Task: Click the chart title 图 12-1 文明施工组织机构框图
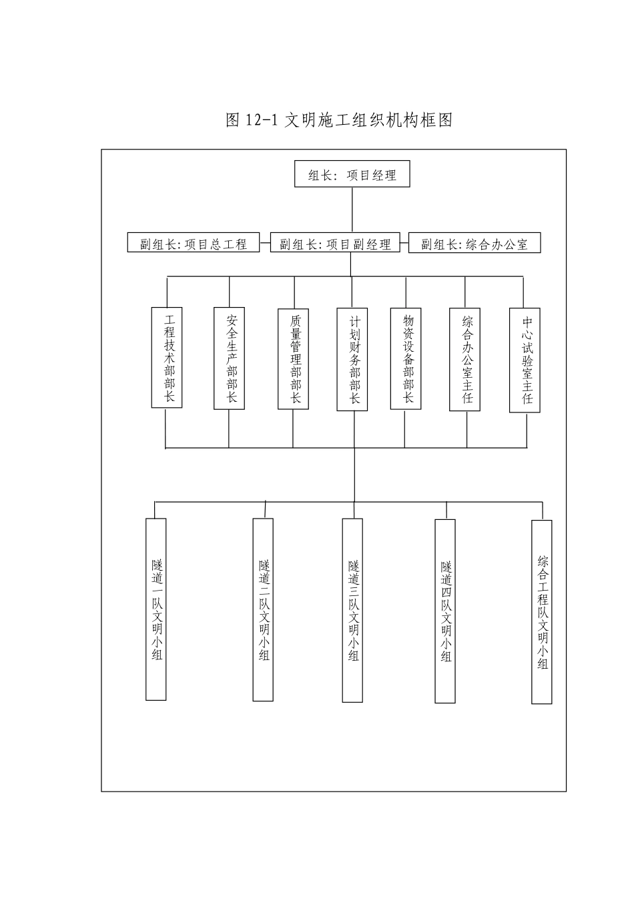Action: click(340, 120)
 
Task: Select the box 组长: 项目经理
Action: click(352, 176)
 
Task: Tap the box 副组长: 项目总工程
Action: click(194, 243)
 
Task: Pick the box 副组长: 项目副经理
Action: click(335, 243)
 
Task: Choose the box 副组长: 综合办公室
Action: click(474, 243)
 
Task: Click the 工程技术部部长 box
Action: click(167, 357)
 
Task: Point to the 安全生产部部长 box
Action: click(229, 358)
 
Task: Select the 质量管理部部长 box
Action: click(293, 358)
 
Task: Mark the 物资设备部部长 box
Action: click(406, 358)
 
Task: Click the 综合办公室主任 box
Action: click(465, 359)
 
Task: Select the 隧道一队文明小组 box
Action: click(156, 609)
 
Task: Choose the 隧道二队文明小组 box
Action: click(264, 609)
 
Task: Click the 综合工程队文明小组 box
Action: click(542, 611)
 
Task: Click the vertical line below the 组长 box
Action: click(352, 210)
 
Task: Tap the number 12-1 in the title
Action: click(261, 121)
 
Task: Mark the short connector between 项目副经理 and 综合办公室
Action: click(404, 243)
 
